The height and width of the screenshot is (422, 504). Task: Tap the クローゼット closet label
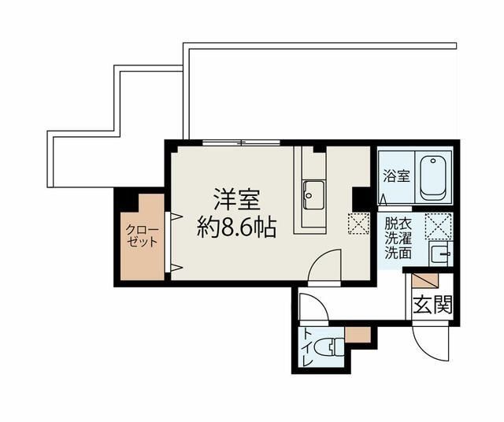coord(143,235)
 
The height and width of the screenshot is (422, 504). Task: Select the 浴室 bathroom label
coord(395,176)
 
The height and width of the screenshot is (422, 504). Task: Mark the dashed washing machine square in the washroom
coord(437,225)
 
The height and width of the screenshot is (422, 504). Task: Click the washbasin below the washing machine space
coord(438,254)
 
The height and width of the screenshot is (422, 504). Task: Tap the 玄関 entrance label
coord(432,303)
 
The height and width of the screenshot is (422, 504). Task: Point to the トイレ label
coord(307,347)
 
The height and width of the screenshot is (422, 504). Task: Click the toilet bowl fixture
coord(333,346)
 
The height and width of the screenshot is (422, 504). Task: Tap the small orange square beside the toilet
coord(358,335)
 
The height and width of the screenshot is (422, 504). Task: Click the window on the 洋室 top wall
coord(241,143)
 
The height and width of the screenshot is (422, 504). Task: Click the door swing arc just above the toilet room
coord(312,307)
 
